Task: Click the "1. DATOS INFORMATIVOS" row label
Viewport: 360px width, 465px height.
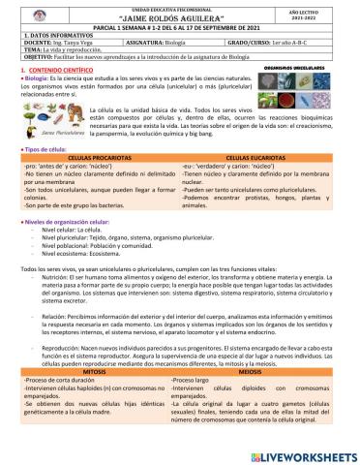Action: (x=44, y=35)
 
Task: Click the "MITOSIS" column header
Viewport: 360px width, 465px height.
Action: (x=93, y=396)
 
